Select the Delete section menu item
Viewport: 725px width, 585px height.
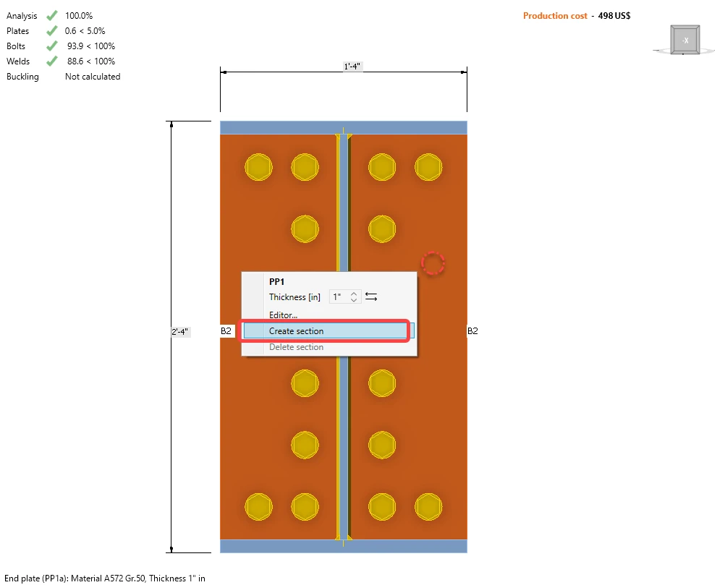(296, 347)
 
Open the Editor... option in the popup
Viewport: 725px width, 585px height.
(283, 315)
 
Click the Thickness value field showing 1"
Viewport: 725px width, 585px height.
(344, 296)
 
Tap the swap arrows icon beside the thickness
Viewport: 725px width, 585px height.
(371, 296)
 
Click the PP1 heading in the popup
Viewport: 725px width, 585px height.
(276, 282)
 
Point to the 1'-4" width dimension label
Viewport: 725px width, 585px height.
(352, 67)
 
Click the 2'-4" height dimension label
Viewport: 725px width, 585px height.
(180, 332)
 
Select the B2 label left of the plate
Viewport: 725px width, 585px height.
(226, 331)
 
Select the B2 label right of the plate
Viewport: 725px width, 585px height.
(472, 331)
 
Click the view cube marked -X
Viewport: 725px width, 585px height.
(684, 40)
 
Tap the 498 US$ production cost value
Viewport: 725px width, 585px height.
(614, 16)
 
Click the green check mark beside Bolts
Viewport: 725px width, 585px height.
(52, 46)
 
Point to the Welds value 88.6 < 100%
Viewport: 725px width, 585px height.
(91, 61)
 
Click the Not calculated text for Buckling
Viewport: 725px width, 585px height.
(93, 77)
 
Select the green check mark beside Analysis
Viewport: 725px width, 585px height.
(52, 15)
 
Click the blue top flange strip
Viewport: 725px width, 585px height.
(344, 127)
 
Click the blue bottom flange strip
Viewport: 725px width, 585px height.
(344, 546)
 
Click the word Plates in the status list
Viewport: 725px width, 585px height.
(17, 31)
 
